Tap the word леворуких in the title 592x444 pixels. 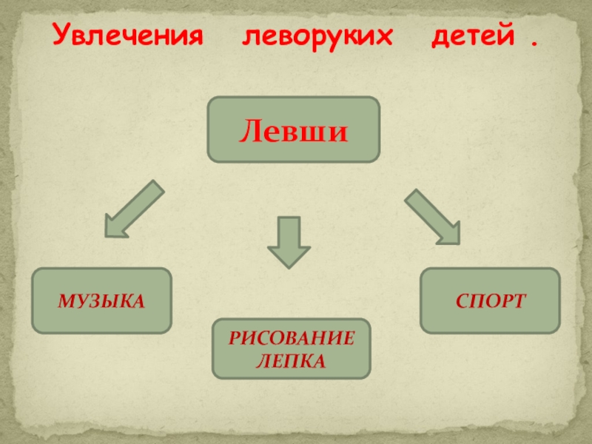click(316, 36)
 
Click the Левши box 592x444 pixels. click(293, 129)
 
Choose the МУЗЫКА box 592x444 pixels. click(101, 300)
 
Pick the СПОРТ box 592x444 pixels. click(490, 300)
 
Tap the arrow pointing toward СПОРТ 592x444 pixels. click(434, 216)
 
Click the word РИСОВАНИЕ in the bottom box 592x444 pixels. click(291, 340)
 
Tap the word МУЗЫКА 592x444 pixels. click(101, 300)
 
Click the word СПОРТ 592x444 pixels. click(490, 300)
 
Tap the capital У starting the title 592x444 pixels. click(60, 36)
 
